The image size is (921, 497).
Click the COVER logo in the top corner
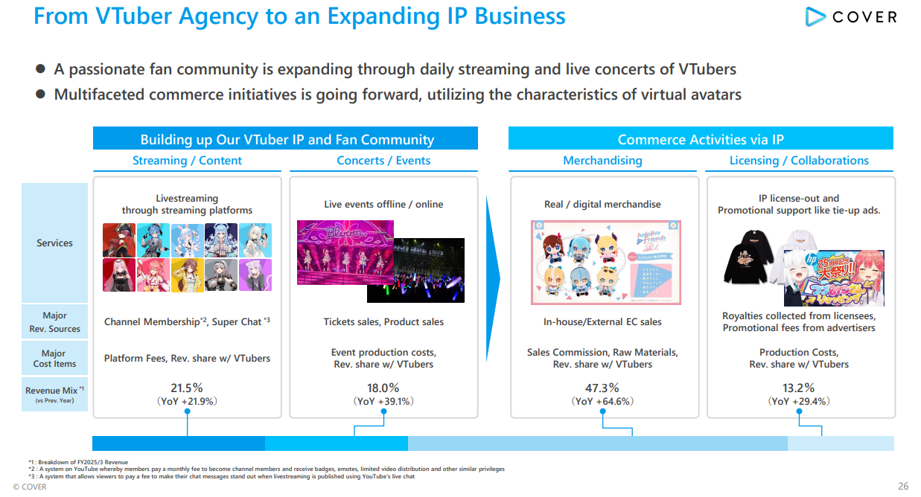coord(851,17)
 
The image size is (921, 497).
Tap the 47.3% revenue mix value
coord(602,388)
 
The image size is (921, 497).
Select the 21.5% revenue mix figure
coord(187,388)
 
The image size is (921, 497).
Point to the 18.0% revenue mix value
coord(383,388)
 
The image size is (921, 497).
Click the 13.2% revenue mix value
coord(799,388)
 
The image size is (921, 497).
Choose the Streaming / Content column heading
coord(187,161)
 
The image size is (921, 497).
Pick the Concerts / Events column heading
coord(383,161)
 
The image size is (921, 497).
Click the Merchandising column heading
coord(602,161)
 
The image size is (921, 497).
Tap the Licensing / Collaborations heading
coord(799,161)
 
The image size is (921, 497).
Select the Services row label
coord(55,243)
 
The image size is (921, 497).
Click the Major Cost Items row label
coord(54,359)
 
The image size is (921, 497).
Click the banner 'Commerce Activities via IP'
coord(701,139)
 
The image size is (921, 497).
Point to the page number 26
coord(903,487)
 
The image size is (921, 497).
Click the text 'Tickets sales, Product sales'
coord(383,322)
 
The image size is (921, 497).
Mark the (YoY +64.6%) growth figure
coord(602,402)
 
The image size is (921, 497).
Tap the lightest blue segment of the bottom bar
coord(841,443)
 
